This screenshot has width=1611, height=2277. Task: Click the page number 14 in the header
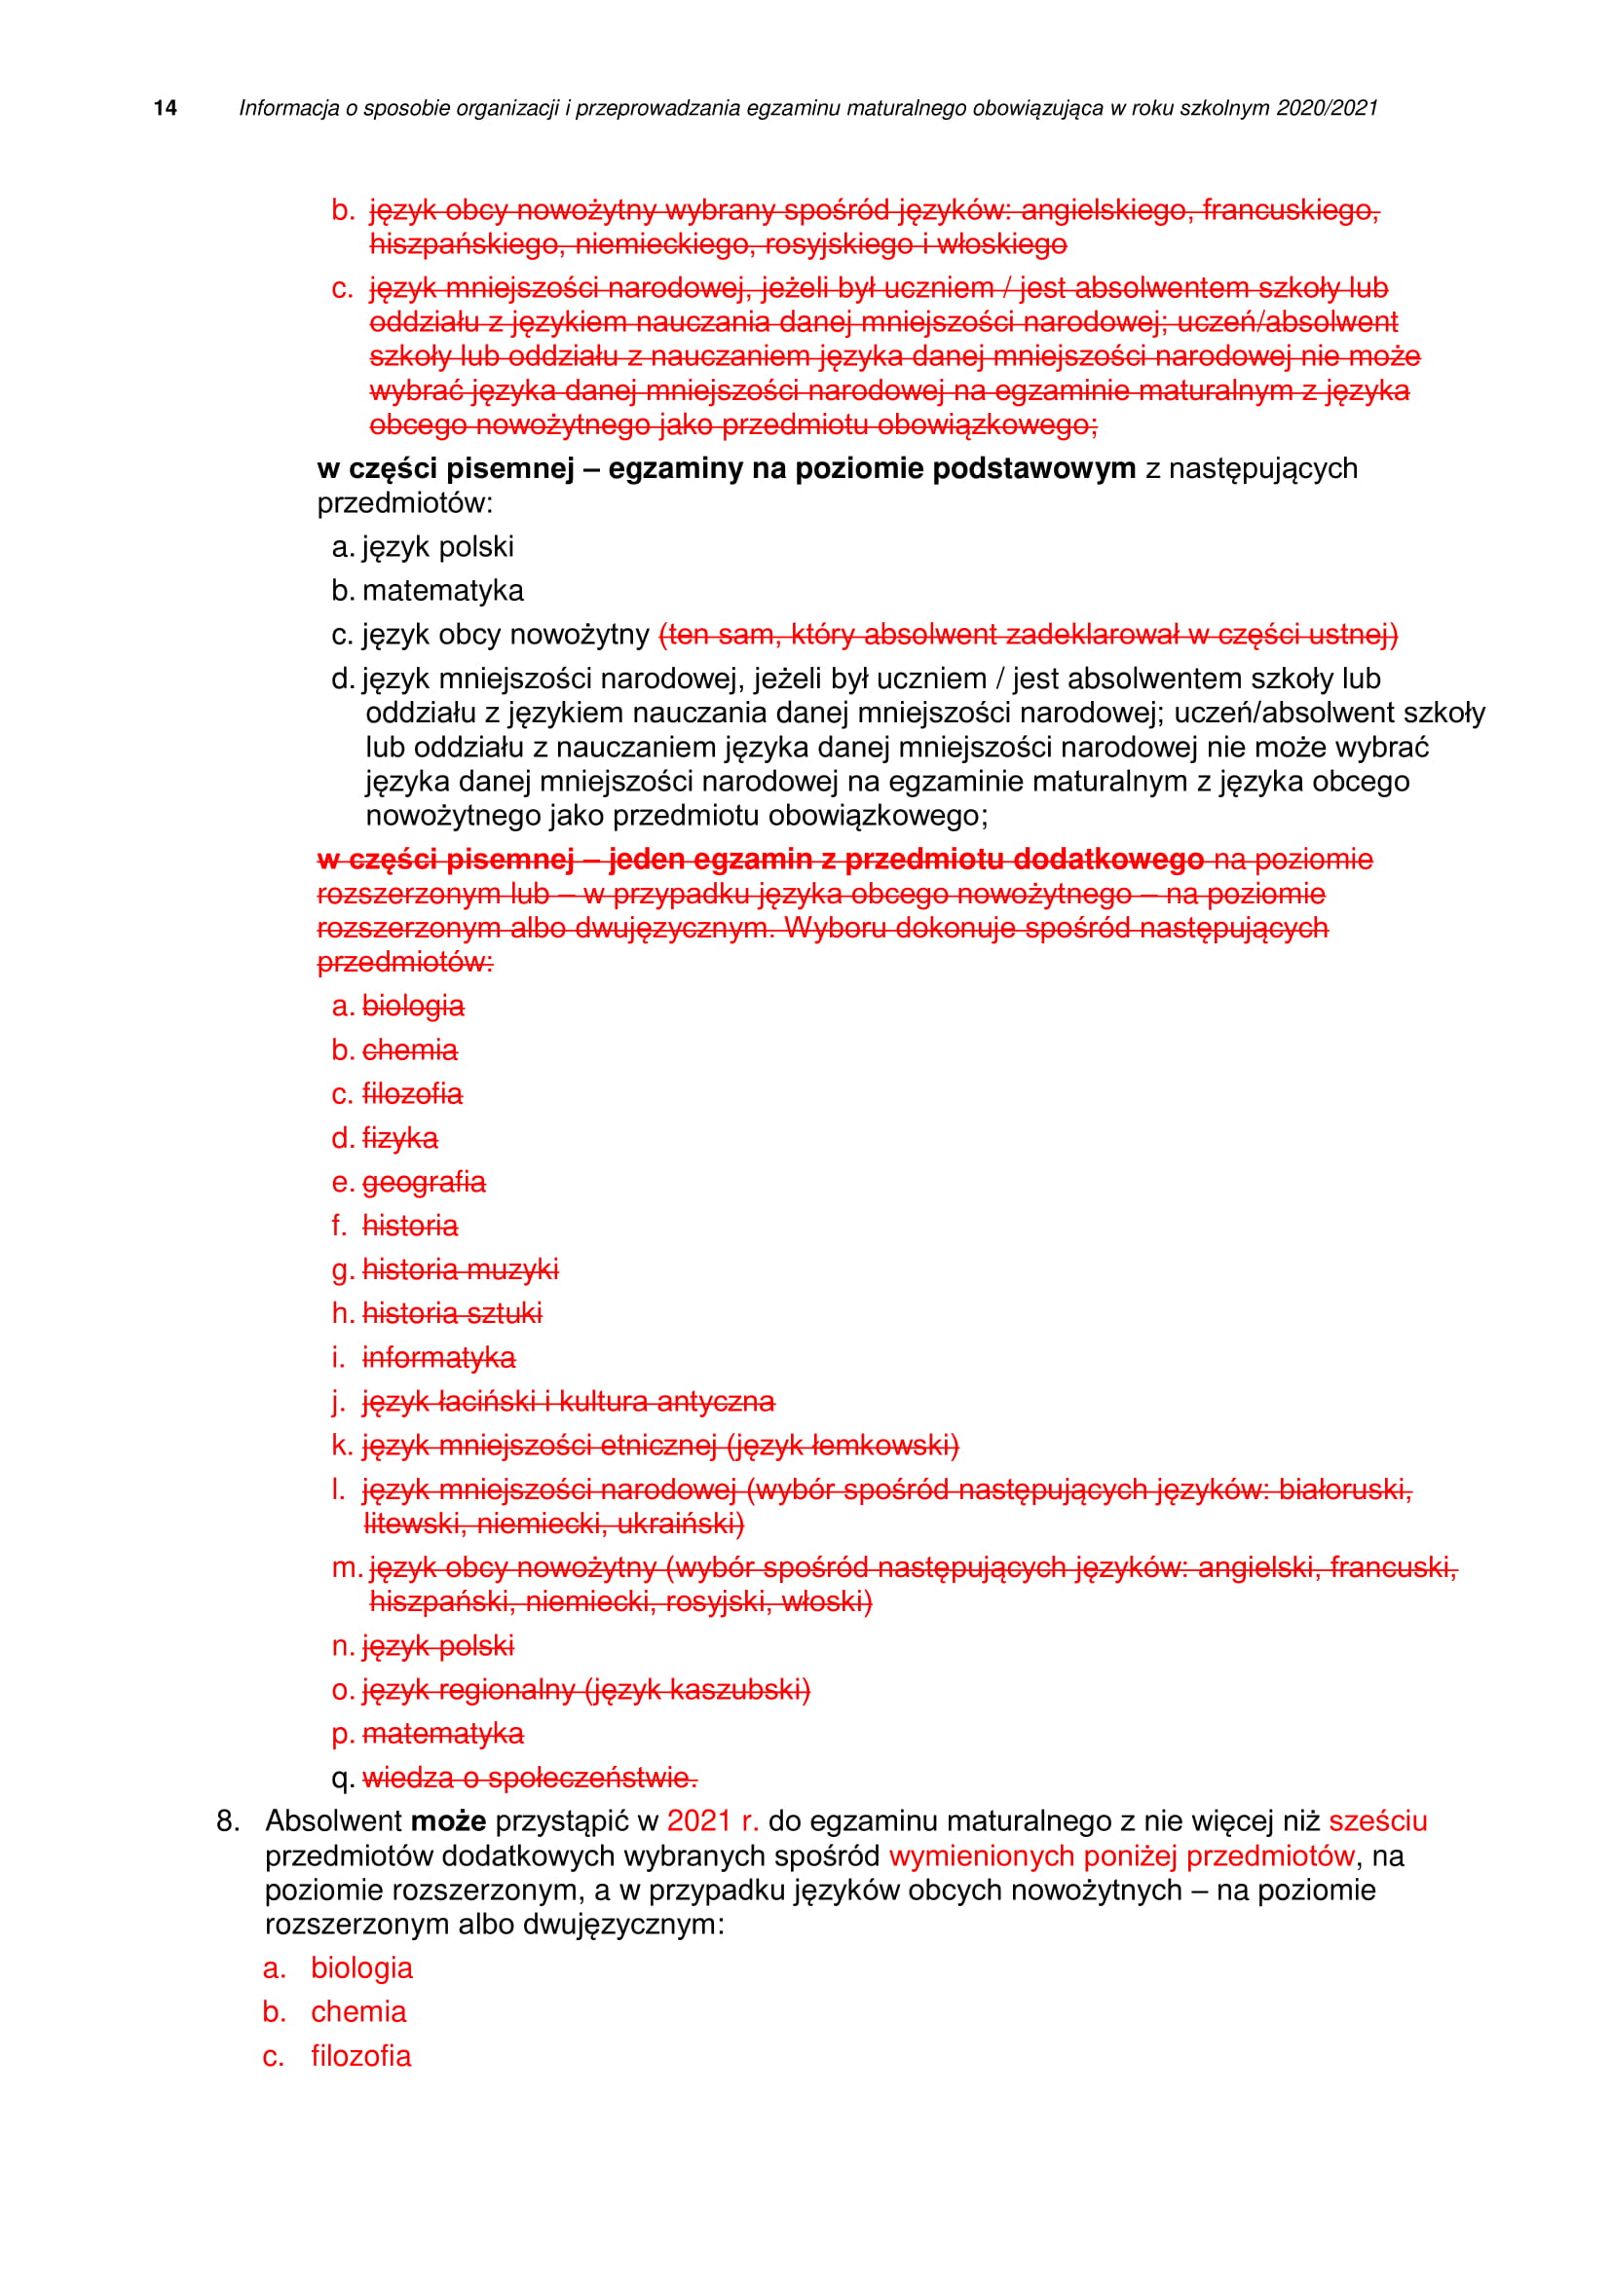coord(166,108)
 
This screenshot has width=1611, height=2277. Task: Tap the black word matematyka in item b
coord(442,590)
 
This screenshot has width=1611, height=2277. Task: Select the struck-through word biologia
coord(413,1006)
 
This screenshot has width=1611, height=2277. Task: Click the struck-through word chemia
coord(410,1049)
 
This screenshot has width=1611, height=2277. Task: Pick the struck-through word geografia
coord(424,1182)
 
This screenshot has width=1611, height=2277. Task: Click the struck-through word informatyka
coord(438,1357)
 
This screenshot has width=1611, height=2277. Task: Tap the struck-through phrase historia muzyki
coord(461,1269)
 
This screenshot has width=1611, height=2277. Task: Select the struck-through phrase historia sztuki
coord(452,1313)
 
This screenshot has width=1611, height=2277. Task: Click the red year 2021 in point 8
coord(698,1820)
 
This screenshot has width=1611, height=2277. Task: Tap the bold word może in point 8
coord(448,1820)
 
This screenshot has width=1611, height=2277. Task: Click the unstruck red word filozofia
coord(361,2056)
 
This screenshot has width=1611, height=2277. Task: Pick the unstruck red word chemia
coord(358,2011)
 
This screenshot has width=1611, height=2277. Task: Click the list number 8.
coord(227,1820)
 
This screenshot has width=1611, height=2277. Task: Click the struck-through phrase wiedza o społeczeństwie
coord(530,1778)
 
